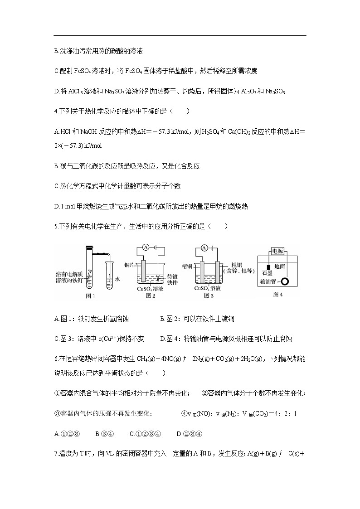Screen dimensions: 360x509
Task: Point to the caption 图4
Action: [277, 294]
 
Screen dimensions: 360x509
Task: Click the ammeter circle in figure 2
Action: [146, 247]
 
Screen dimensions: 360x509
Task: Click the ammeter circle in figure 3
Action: [204, 247]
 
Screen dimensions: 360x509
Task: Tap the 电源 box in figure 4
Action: [277, 250]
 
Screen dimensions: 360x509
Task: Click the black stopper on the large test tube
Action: [89, 248]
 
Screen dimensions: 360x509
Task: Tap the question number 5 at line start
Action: [55, 226]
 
